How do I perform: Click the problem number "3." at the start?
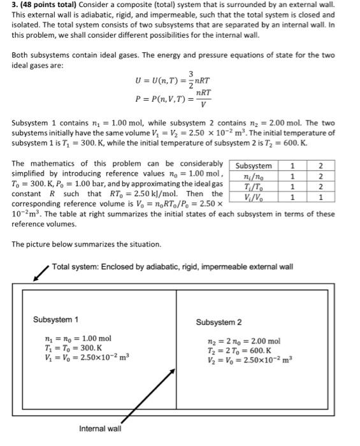[15, 5]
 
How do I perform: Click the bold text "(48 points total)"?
[48, 5]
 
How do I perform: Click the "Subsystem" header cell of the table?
[253, 166]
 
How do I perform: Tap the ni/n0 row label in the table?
[253, 176]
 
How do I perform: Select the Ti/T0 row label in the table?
[253, 187]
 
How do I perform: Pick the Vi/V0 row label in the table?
[253, 198]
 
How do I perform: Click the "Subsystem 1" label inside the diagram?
[56, 319]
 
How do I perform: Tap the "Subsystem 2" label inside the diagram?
[219, 322]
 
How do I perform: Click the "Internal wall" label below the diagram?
[100, 429]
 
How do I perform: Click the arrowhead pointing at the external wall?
[35, 277]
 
